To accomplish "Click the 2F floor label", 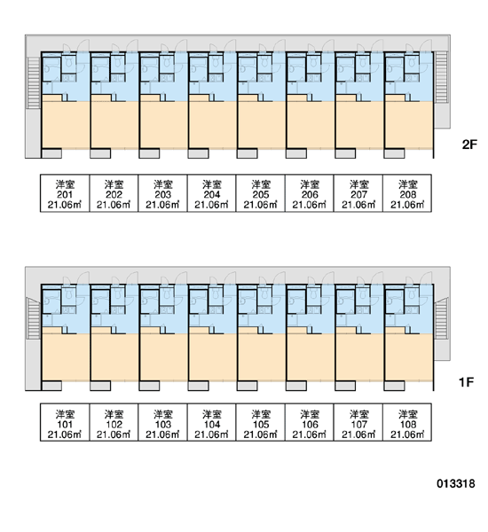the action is click(x=469, y=145).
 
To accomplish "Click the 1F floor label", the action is click(x=466, y=382).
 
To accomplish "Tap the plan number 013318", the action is click(x=456, y=483).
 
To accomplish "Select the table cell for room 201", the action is click(x=65, y=193).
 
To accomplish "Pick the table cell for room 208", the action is click(x=407, y=193).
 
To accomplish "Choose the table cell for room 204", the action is click(x=211, y=193).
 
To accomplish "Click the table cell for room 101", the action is click(x=65, y=422).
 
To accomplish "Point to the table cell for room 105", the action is click(x=261, y=422).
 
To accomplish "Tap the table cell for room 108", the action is click(x=407, y=422).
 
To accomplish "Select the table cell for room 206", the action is click(x=310, y=193).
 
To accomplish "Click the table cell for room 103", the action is click(x=162, y=422).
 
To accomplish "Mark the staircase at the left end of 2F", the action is click(x=34, y=82).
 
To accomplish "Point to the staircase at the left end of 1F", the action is click(x=34, y=318).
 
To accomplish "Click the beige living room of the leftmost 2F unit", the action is click(x=66, y=125).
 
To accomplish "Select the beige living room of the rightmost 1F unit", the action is click(x=409, y=357).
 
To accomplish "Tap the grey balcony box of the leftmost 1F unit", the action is click(x=51, y=386).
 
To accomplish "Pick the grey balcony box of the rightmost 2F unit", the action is click(x=394, y=153).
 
